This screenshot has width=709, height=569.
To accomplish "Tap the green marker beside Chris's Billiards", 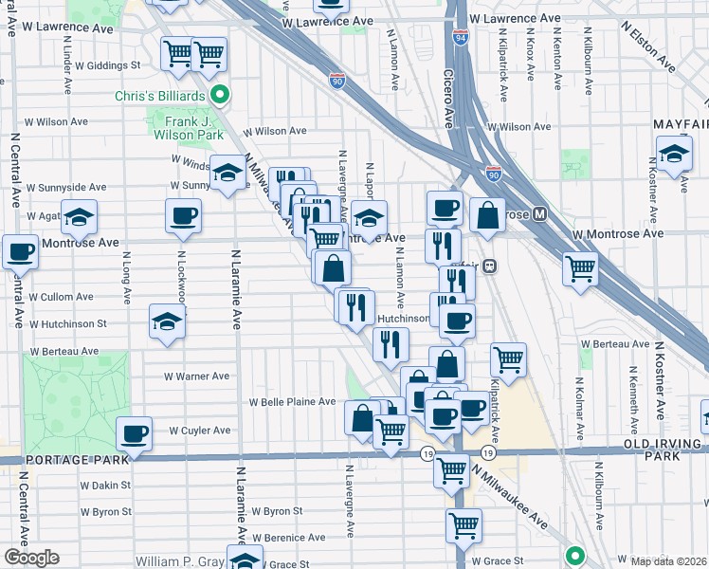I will click(x=221, y=94).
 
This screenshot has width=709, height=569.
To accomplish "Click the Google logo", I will click(x=31, y=558).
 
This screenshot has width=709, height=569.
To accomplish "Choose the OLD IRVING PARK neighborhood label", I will click(x=651, y=450).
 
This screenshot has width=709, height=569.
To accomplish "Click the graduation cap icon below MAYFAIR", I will click(x=673, y=154).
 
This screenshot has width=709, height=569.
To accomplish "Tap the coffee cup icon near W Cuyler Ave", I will click(x=134, y=434).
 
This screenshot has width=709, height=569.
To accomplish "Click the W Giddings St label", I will click(x=109, y=66).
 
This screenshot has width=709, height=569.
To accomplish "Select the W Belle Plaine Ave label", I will click(x=293, y=402).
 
